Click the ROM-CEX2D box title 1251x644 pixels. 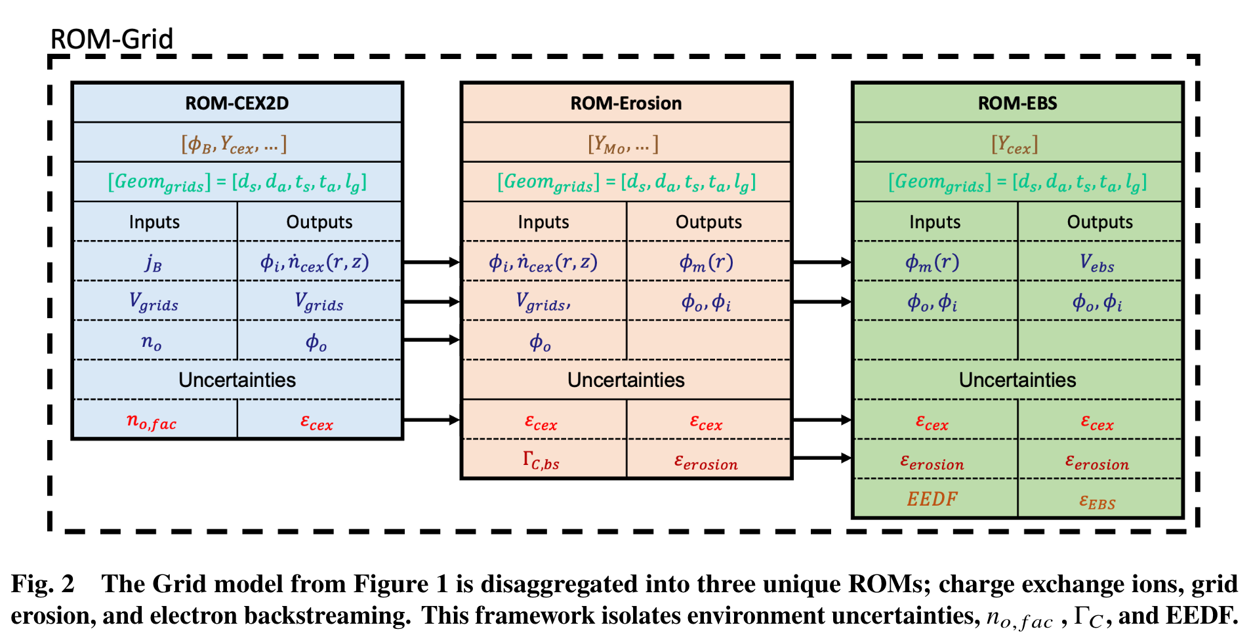tap(237, 103)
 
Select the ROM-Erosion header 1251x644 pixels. tap(626, 103)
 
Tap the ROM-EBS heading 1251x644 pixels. tap(1017, 103)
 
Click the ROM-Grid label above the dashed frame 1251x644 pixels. tap(112, 39)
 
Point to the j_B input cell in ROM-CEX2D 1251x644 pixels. tap(154, 262)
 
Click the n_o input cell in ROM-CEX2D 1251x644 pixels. tap(152, 342)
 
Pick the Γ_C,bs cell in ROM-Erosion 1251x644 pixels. tap(541, 460)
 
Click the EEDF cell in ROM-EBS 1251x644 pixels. tap(932, 500)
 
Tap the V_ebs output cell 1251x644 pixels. tap(1097, 263)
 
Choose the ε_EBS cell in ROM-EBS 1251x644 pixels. tap(1097, 502)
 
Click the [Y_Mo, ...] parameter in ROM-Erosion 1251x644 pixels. tap(623, 144)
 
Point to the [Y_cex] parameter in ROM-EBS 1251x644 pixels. tap(1014, 144)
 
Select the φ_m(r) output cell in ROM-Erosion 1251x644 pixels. tap(706, 263)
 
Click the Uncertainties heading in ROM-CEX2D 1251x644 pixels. tap(237, 380)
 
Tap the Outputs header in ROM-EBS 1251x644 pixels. tap(1099, 222)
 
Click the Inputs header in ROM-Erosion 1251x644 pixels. tap(543, 222)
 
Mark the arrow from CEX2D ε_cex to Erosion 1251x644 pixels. tap(431, 420)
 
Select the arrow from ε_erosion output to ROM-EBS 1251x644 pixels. tap(822, 458)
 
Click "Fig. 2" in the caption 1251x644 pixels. tap(43, 584)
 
